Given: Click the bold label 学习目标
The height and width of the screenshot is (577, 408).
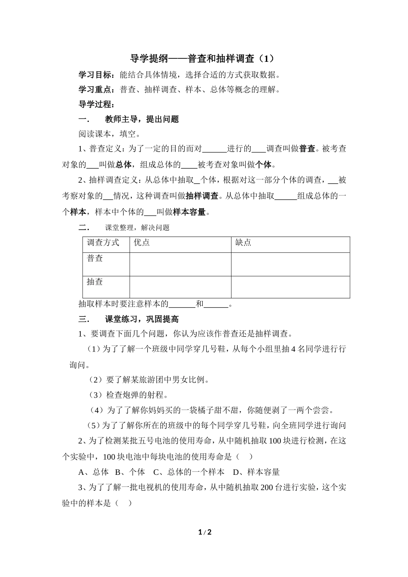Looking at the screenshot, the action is [95, 75].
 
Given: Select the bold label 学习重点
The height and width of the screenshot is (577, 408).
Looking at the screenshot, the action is [95, 90].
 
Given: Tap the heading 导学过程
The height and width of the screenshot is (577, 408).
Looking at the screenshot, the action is [95, 104].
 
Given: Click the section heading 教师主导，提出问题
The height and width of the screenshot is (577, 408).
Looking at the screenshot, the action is [142, 119].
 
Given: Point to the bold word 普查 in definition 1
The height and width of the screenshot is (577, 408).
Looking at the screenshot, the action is [307, 149].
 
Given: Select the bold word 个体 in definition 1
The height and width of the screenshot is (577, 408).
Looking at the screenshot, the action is [264, 164].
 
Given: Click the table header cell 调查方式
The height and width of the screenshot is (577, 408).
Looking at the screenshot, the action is [103, 243].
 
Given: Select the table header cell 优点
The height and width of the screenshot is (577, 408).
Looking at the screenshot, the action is [142, 243].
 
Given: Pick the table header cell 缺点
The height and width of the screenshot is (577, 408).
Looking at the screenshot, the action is [244, 243].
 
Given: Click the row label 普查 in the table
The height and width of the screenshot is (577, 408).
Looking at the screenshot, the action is [95, 258].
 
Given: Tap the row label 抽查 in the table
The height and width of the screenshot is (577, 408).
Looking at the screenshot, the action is [95, 282].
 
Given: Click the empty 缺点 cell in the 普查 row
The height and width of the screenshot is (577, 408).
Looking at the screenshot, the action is [290, 264].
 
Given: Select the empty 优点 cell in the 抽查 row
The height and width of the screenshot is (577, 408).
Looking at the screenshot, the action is [180, 287].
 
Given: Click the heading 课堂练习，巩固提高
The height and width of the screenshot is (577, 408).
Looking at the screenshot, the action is [142, 319].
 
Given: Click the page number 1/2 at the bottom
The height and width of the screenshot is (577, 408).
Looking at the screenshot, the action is [205, 533].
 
